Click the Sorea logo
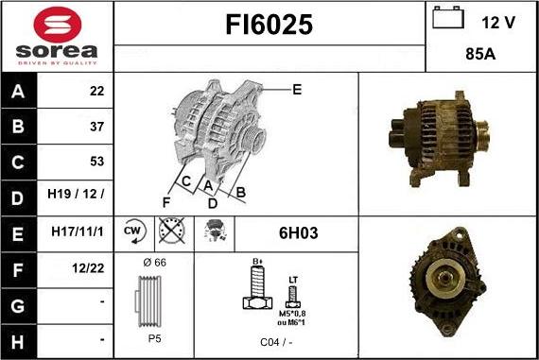pyautogui.click(x=57, y=36)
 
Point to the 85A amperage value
pyautogui.click(x=480, y=56)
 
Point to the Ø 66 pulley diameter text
pyautogui.click(x=153, y=262)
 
